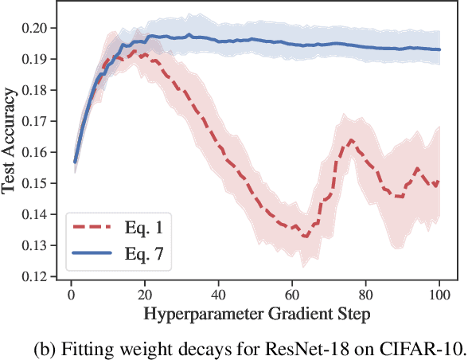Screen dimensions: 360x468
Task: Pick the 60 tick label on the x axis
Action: click(291, 294)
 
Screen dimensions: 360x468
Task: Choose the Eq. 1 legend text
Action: click(146, 229)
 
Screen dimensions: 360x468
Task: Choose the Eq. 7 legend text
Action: click(146, 252)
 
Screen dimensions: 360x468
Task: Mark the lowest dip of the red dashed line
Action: click(306, 236)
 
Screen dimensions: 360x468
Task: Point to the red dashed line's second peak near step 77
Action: click(349, 141)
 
